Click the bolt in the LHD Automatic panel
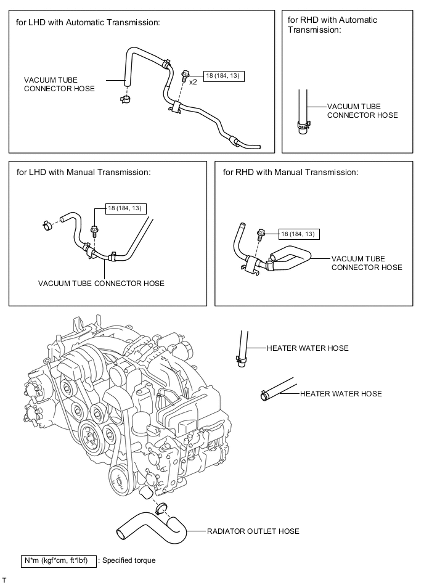tap(185, 76)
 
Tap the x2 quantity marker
tap(193, 82)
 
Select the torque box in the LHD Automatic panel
tap(224, 76)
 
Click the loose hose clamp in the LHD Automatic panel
tap(125, 99)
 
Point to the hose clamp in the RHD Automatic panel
tap(303, 126)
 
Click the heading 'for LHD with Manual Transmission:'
tap(84, 172)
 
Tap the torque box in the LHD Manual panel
tap(126, 208)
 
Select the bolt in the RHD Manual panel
tap(260, 237)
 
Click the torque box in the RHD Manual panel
tap(299, 234)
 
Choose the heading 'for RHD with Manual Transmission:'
tap(290, 172)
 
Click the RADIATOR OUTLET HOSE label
tap(253, 531)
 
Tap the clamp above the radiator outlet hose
tap(161, 507)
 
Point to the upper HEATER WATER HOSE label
tap(308, 348)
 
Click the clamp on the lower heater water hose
tap(264, 395)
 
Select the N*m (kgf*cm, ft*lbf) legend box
tap(59, 561)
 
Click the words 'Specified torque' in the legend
tap(129, 560)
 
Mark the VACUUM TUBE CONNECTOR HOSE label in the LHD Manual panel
tap(101, 283)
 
